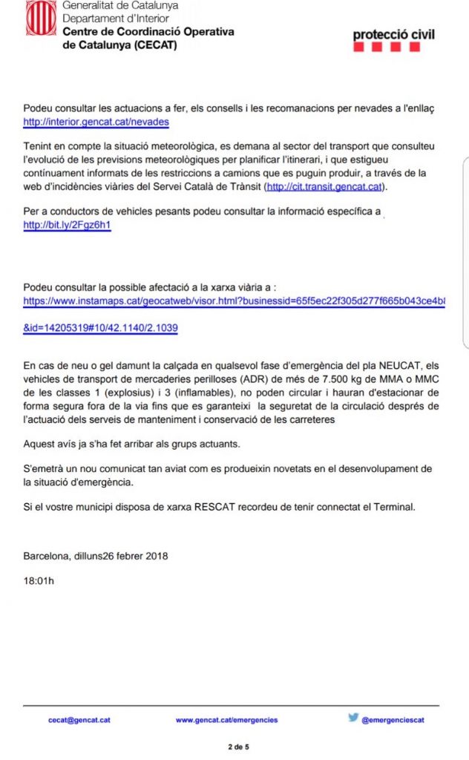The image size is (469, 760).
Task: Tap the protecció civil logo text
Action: click(393, 34)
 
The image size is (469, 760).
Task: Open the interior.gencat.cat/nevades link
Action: click(96, 122)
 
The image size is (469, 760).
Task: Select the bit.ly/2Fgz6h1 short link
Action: click(68, 224)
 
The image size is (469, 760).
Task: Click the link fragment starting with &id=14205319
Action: click(101, 327)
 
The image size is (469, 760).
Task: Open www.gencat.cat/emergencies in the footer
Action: click(227, 719)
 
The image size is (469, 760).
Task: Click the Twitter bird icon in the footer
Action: click(354, 718)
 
